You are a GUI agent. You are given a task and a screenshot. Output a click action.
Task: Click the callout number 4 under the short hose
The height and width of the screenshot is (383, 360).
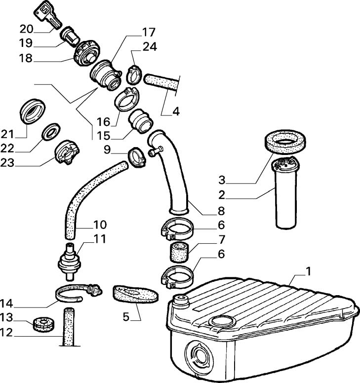coord(176,111)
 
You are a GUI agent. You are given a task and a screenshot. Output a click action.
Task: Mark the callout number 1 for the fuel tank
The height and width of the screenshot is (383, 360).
coord(309,271)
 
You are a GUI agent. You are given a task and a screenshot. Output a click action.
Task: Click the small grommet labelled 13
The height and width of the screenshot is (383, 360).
coord(42,325)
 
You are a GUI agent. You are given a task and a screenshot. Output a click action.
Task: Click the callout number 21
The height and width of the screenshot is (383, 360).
coord(20,134)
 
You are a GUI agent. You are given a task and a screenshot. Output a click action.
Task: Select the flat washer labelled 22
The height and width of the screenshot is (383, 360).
coord(50,132)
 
